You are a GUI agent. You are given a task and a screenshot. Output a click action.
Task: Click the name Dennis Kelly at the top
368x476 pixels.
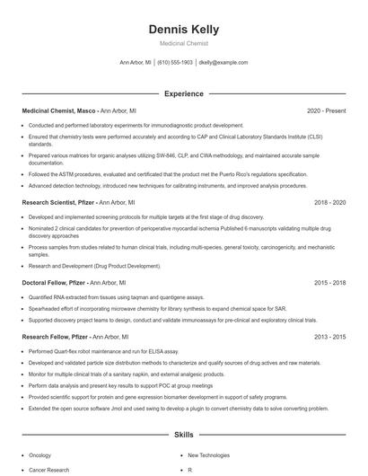coord(183,30)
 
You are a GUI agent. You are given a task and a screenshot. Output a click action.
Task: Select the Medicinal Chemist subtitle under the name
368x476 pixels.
coord(183,44)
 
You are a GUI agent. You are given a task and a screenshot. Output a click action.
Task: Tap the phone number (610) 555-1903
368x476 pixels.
coord(175,63)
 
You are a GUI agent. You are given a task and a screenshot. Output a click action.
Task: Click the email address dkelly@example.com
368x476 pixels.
coord(223,63)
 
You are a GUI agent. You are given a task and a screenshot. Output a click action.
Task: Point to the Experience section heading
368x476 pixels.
coord(183,93)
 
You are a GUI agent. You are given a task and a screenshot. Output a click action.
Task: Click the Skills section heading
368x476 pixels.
coord(183,435)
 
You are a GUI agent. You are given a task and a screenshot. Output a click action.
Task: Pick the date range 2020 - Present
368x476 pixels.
coord(326,110)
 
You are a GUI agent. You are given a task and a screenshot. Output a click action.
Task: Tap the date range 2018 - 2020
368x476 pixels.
coord(330,203)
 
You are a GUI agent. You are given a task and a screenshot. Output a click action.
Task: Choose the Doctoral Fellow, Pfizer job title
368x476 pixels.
coord(54,283)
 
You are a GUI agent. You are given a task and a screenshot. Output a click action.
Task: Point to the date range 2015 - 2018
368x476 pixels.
coord(330,283)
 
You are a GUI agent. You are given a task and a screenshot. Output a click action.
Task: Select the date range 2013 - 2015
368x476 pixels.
coord(330,336)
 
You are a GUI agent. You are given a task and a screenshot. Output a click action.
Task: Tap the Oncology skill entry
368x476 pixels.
coord(40,455)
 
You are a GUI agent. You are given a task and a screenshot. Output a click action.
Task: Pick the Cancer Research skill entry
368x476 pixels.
coord(48,470)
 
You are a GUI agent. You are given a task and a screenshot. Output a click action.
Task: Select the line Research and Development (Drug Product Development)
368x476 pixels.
coord(94,266)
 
